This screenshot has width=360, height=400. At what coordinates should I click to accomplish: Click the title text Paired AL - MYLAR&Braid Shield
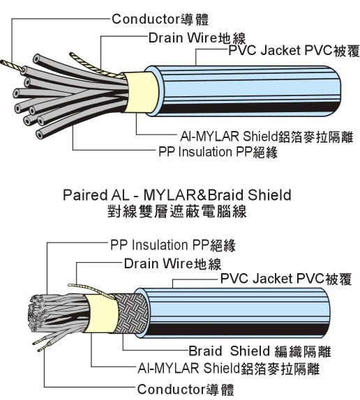176,194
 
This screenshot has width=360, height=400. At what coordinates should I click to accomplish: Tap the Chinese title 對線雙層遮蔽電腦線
176,210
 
